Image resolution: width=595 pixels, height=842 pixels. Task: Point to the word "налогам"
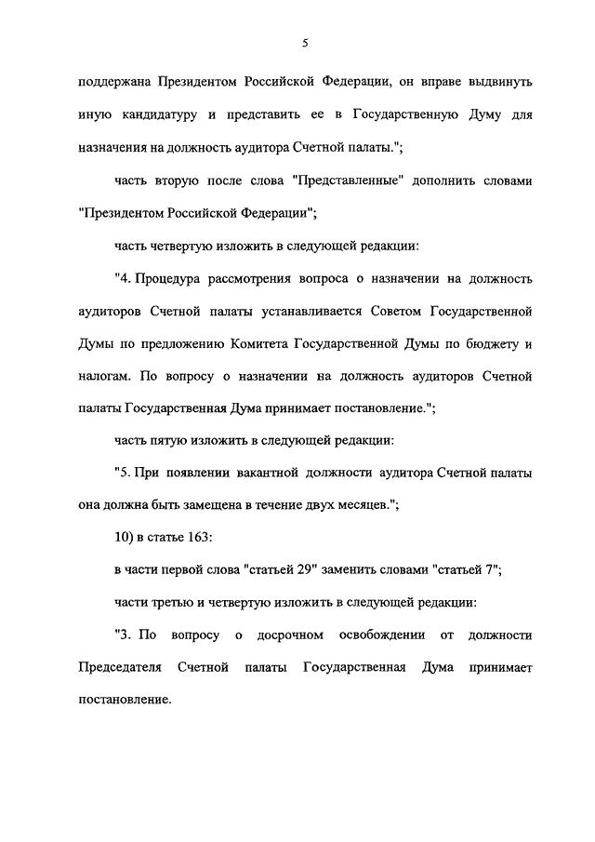pos(105,377)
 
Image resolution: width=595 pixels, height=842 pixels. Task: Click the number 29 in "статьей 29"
pos(282,570)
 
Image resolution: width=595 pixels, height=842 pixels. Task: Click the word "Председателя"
pos(122,668)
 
